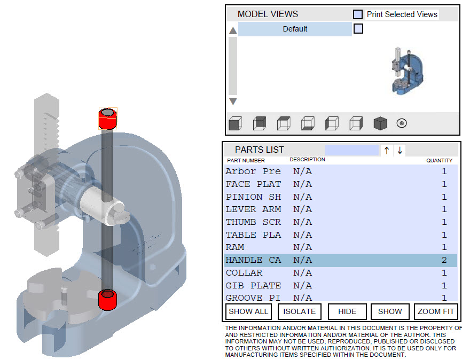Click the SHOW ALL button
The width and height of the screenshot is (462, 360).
248,311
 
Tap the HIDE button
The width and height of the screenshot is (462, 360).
347,311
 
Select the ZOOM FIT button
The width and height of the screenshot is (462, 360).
436,311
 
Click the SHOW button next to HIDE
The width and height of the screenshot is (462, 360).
390,311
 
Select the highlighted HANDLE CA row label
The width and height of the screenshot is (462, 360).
253,260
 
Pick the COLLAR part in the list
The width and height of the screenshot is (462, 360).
244,273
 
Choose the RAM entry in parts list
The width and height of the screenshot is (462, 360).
235,247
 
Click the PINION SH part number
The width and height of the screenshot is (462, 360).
253,197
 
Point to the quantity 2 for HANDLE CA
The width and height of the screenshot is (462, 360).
444,260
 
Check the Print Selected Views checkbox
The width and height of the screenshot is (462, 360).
358,14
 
